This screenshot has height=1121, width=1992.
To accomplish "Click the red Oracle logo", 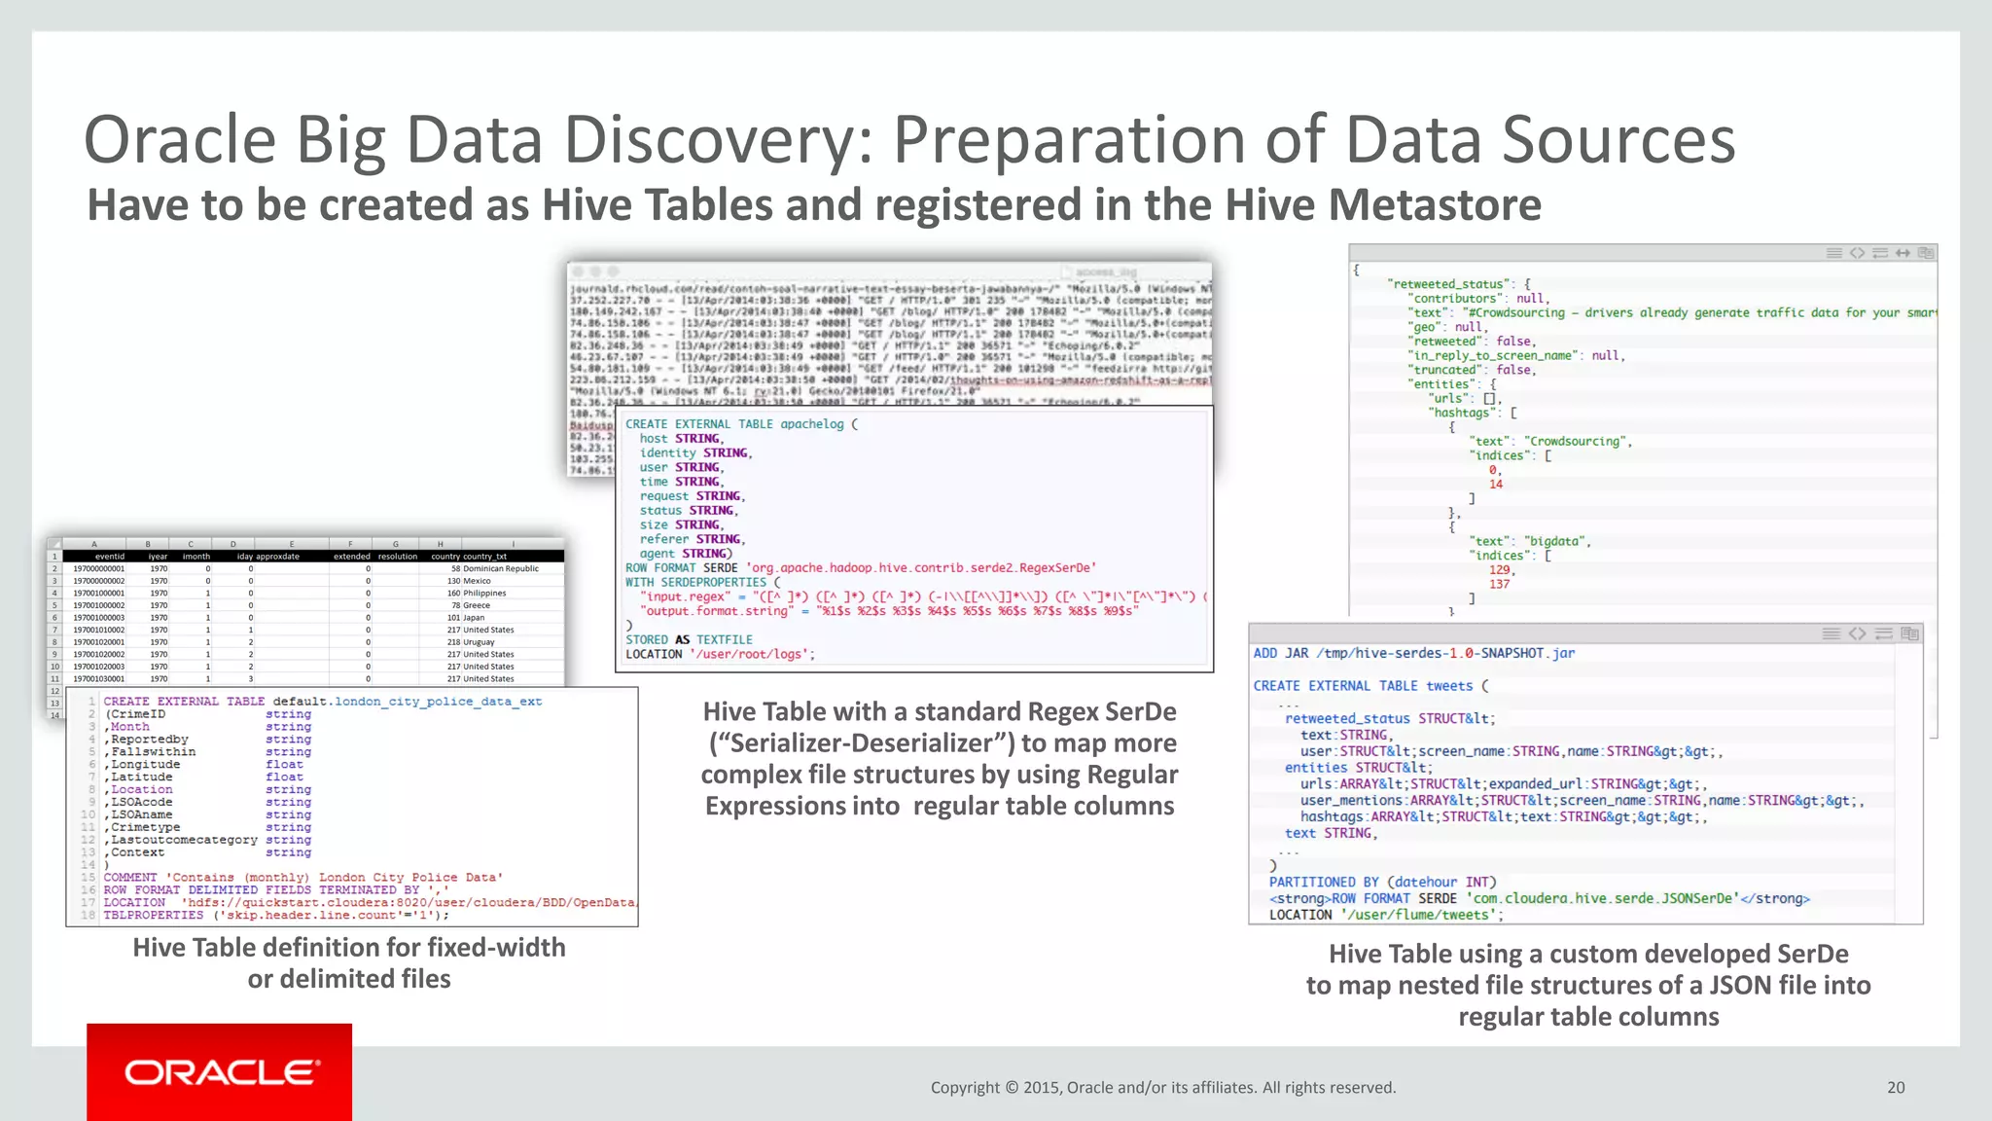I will point(220,1071).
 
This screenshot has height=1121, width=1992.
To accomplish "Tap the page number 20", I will point(1896,1088).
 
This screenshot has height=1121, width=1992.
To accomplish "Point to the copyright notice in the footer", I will point(1162,1088).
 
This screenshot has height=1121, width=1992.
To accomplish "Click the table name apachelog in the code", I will point(812,424).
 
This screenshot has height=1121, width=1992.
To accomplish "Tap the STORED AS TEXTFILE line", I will point(689,639).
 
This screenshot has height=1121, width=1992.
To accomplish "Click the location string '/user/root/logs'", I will point(751,654).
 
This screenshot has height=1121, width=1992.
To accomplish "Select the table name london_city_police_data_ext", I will point(438,702).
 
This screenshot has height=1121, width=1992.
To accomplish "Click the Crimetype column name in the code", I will point(145,827).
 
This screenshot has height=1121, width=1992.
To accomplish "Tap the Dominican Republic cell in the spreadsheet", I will point(500,568).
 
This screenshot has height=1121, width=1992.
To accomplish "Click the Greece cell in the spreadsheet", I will point(477,605).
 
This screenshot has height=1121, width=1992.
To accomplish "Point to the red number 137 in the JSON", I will point(1499,584).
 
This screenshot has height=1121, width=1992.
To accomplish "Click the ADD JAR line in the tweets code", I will point(1413,653).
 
